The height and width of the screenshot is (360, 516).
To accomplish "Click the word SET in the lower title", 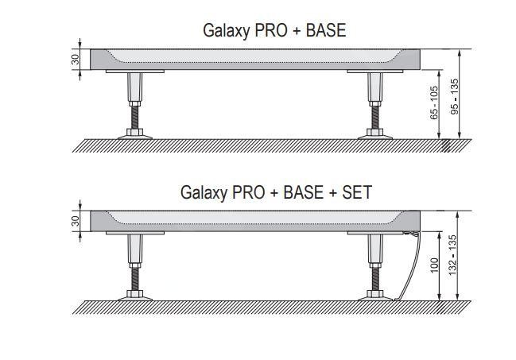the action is point(357,192).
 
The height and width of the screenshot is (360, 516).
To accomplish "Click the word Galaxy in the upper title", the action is point(227,31).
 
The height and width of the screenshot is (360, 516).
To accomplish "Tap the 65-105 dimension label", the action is point(434,103).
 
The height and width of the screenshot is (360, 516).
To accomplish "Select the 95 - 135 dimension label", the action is point(454,96).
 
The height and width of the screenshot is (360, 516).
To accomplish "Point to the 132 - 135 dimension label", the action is point(453,255).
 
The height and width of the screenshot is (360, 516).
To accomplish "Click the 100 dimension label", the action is point(434,265).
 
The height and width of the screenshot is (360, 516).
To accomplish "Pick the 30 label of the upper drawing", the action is point(76,60).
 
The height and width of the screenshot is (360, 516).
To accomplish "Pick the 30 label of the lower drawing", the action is point(76,221).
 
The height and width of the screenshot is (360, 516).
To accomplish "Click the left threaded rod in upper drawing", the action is point(134,118).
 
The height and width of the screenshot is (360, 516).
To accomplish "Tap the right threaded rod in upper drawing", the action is point(375,118).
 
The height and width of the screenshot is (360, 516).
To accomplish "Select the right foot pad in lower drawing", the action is point(375,296).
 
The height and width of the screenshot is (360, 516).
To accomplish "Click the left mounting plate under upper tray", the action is point(135,71).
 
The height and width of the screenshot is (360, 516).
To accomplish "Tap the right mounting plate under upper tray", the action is point(375,71).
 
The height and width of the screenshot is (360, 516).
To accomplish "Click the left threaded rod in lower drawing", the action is point(134,279).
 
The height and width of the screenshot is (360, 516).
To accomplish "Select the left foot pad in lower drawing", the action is point(135,296).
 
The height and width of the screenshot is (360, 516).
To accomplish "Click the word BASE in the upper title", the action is point(326,30).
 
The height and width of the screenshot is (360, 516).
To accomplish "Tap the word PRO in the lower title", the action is point(248,192).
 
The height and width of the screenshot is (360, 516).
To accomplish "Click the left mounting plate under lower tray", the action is point(135,233).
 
